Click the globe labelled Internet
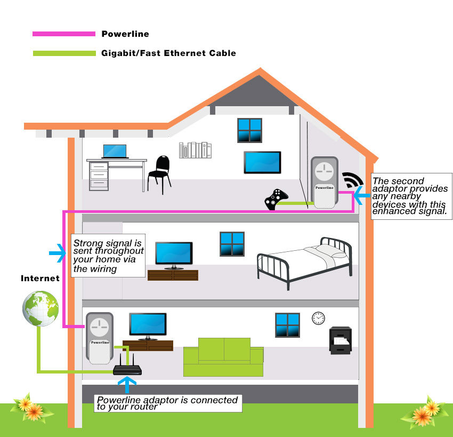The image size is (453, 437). coord(41,308)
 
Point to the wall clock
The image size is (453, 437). coord(318,319)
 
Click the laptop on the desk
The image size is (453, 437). coord(115,151)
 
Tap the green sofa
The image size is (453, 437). coord(223,357)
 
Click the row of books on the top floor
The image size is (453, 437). coord(195,150)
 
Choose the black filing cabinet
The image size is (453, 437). coord(340,340)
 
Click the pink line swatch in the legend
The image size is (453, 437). coord(63,34)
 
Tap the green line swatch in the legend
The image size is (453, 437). coord(63,53)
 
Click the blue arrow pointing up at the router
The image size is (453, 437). coord(126,385)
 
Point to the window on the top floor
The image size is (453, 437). coord(249,130)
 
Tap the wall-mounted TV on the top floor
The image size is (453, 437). coord(262,163)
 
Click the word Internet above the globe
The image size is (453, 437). coord(40,279)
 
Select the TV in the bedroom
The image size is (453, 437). coord(173,255)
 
